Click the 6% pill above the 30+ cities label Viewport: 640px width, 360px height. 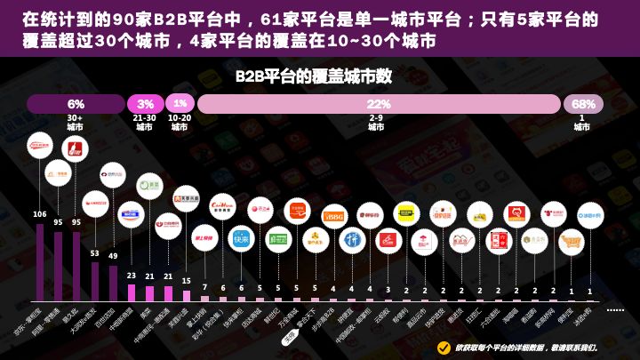[x=76, y=104]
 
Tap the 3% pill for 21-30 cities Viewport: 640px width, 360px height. [x=145, y=104]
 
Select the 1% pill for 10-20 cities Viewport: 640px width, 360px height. [x=180, y=104]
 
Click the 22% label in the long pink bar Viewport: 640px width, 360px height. [x=379, y=104]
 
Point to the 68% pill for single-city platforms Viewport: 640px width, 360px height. [x=583, y=104]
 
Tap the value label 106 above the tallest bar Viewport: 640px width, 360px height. [x=39, y=214]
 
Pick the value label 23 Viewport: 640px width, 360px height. [x=131, y=276]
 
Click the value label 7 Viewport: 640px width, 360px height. [x=204, y=287]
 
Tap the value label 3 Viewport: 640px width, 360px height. [x=388, y=290]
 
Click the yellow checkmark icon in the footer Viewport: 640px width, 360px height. [x=444, y=347]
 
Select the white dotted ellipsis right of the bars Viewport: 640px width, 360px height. [x=615, y=310]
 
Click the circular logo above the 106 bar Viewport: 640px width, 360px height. [x=39, y=145]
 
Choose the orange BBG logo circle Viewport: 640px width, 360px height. [x=333, y=216]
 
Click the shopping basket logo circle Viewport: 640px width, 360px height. [x=571, y=240]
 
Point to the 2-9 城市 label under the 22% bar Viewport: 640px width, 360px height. [x=376, y=123]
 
